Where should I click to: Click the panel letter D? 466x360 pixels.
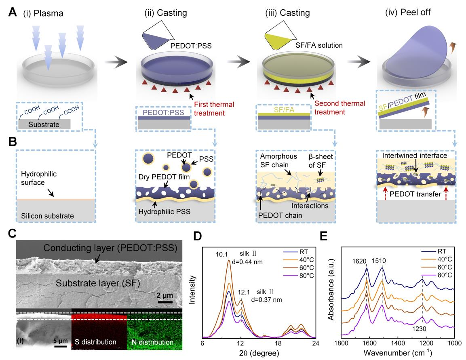[x=198, y=236]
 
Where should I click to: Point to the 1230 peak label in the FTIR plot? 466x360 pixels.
[x=419, y=329]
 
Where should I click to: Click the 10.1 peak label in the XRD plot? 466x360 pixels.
[x=222, y=254]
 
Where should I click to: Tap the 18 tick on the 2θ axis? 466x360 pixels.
[x=278, y=343]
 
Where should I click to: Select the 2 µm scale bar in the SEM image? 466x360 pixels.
[x=165, y=302]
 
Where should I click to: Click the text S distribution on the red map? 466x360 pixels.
[x=95, y=342]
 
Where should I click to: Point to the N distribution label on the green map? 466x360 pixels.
[x=152, y=342]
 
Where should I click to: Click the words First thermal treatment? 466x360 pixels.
[x=214, y=109]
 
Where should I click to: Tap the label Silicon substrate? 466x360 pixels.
[x=48, y=216]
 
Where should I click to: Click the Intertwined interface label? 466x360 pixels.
[x=415, y=155]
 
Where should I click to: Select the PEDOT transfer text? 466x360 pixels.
[x=415, y=194]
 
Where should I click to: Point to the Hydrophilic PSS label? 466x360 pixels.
[x=164, y=212]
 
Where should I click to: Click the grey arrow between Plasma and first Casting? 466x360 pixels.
[x=116, y=62]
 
